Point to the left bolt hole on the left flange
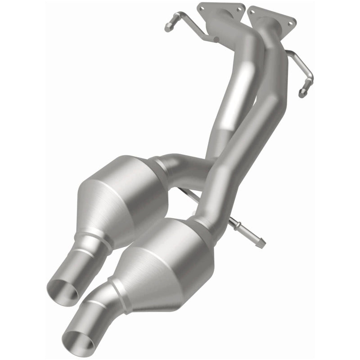point(201,7)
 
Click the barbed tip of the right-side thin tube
point(301,94)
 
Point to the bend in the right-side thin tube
point(308,72)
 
